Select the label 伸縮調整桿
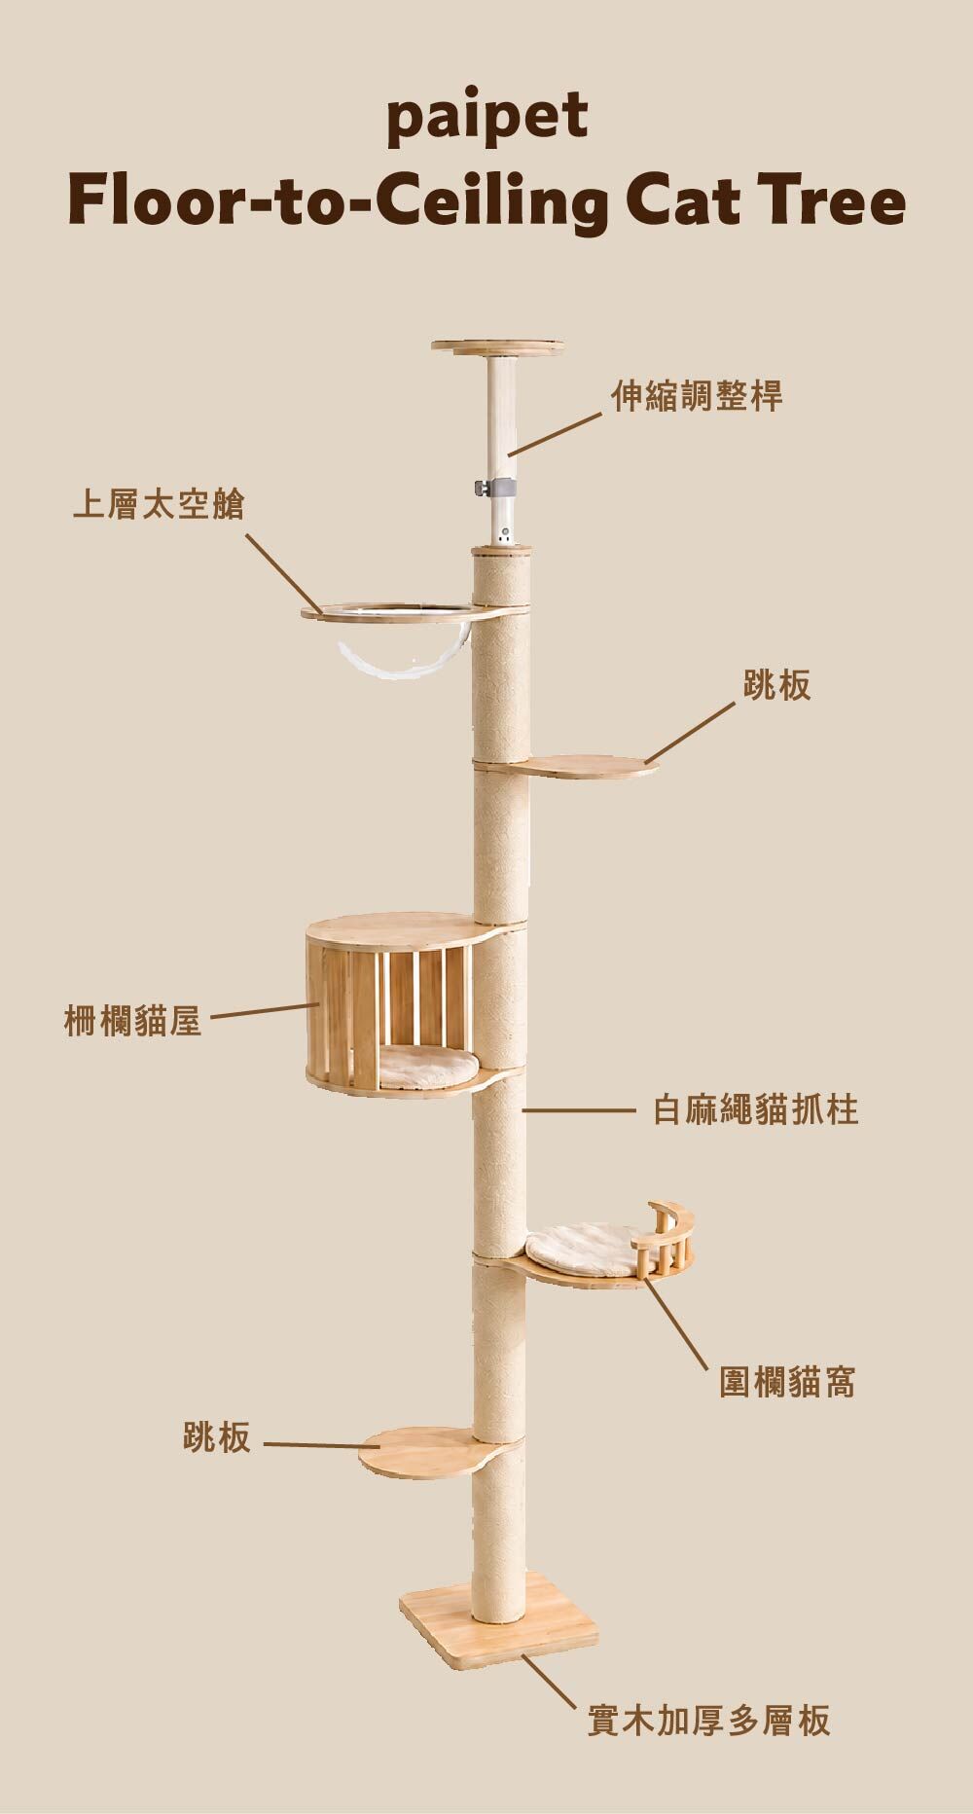click(697, 396)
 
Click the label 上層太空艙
click(159, 505)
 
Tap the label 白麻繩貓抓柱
click(755, 1109)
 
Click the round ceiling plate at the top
click(498, 347)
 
